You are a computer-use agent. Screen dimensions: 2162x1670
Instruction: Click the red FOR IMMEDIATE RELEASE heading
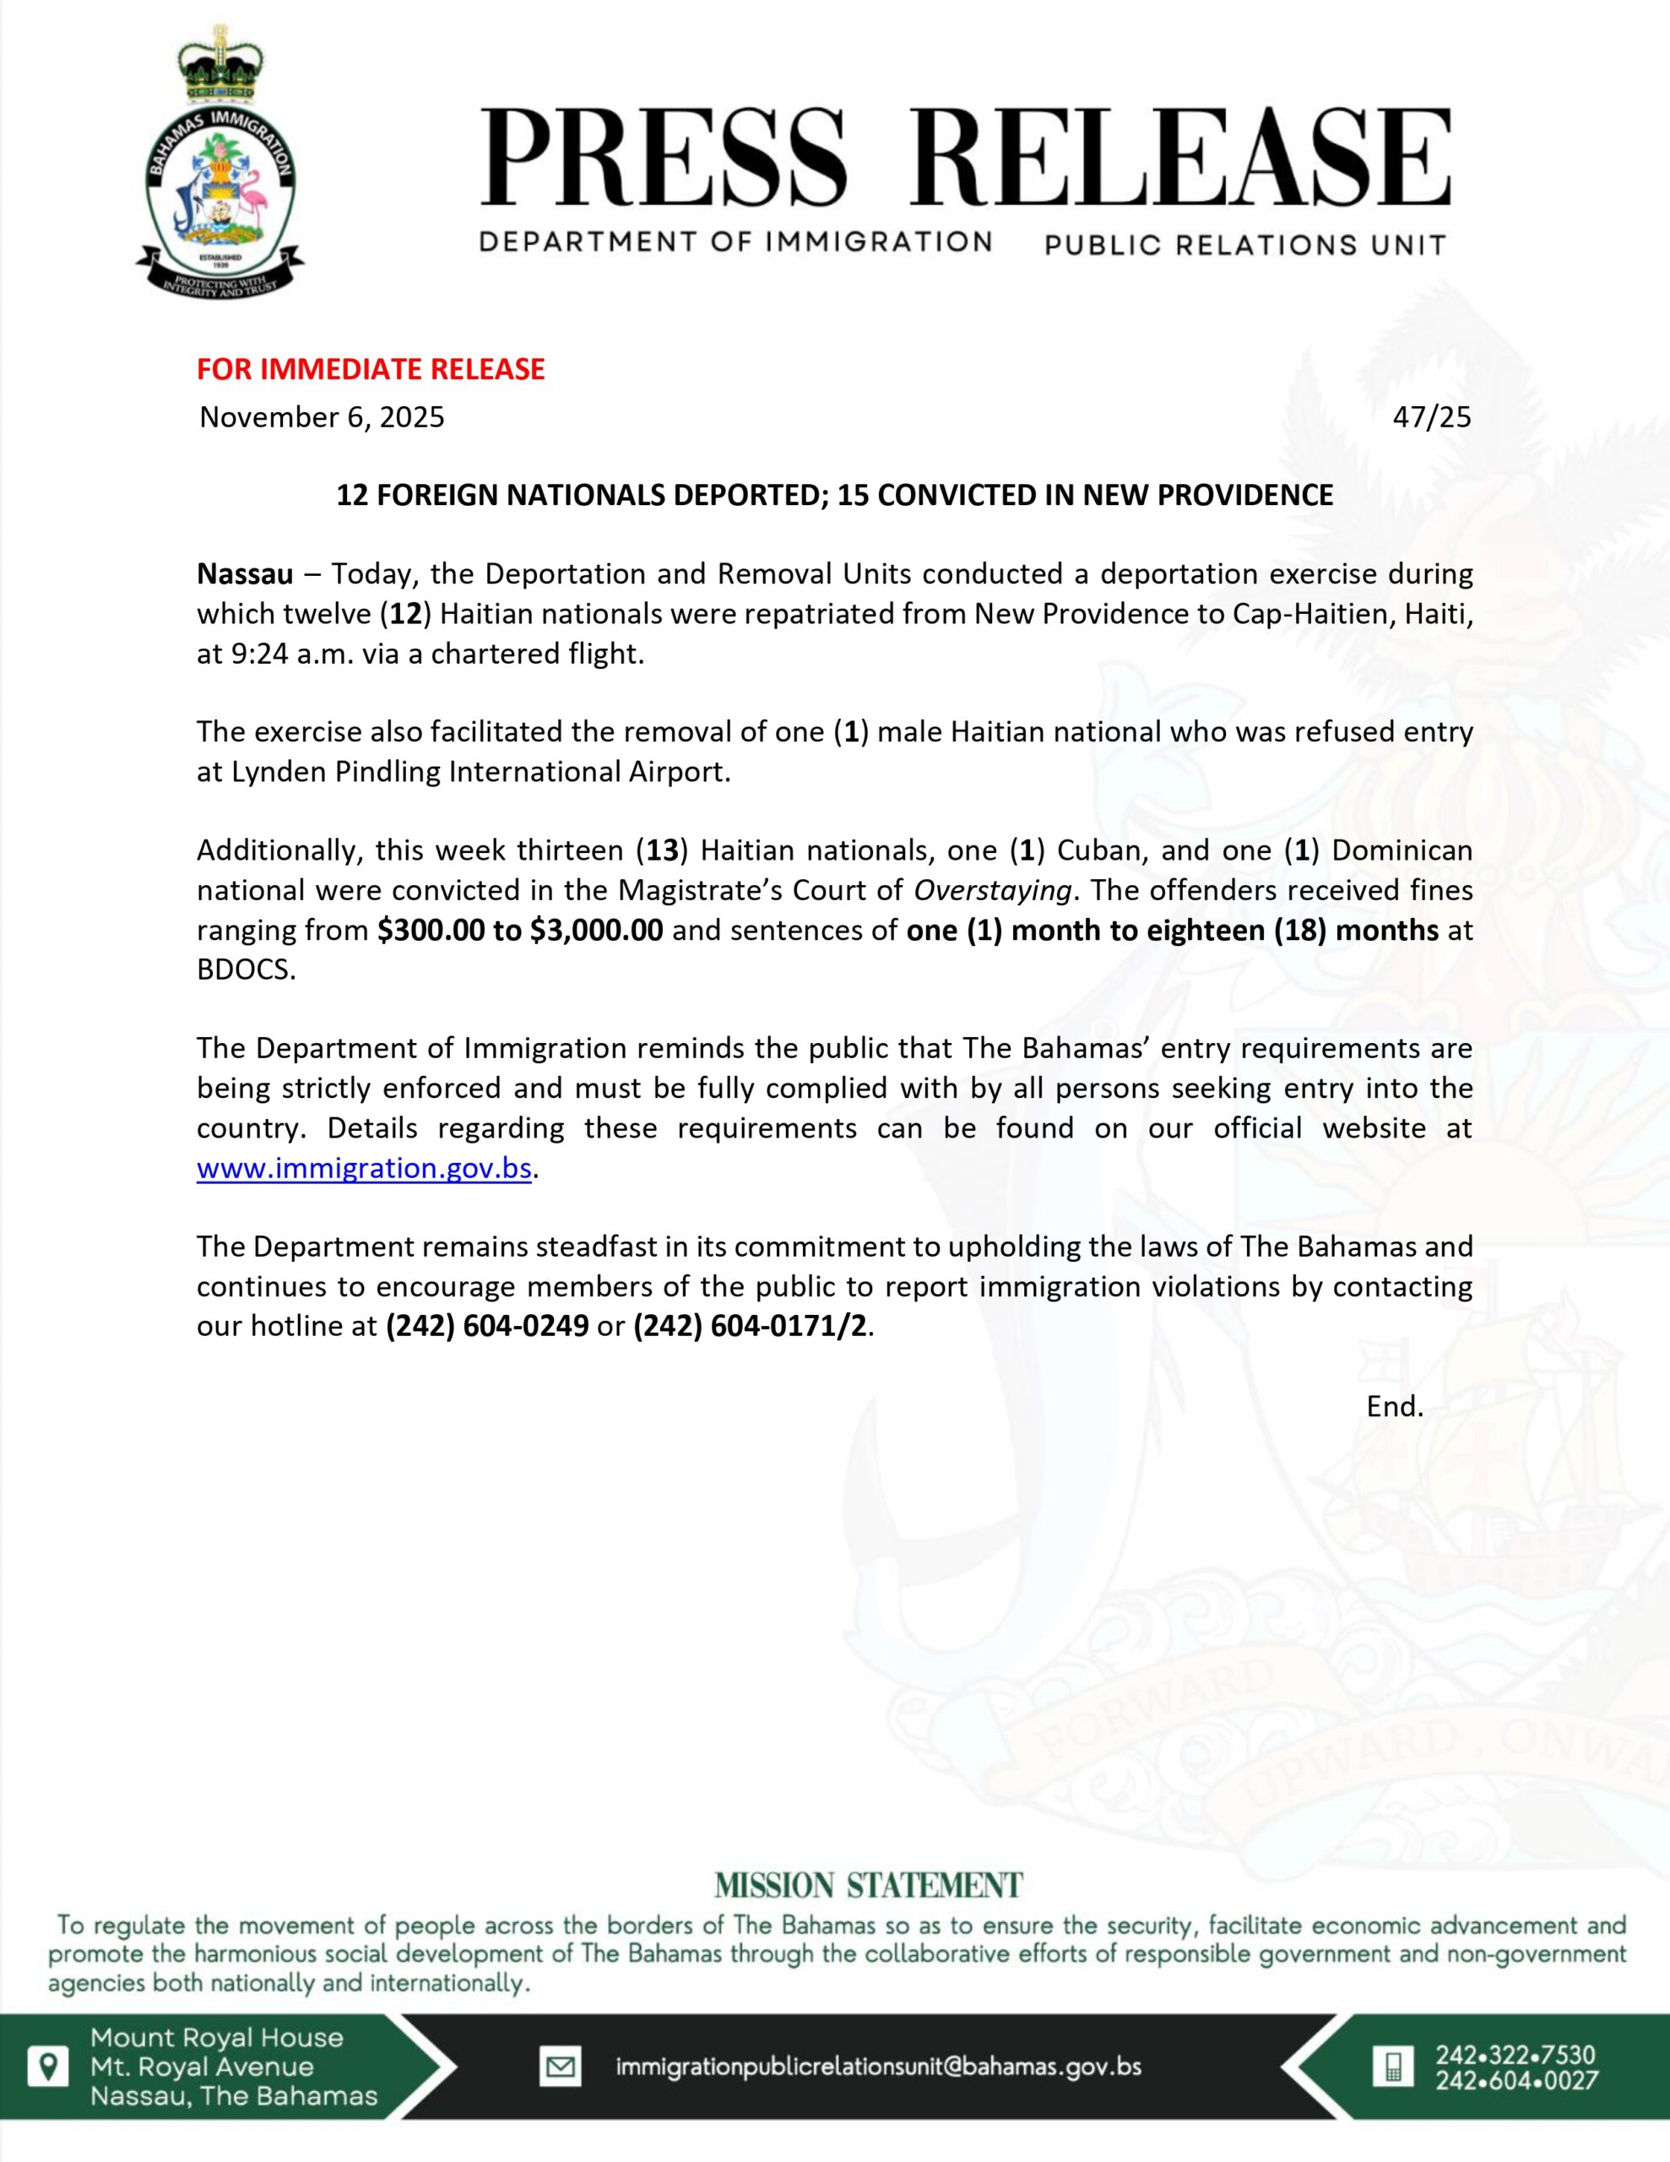point(371,369)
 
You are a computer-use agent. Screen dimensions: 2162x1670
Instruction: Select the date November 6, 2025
point(322,416)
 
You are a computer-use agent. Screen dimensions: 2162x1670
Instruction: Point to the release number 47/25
point(1431,416)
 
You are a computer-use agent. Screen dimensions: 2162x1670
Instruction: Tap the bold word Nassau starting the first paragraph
point(245,574)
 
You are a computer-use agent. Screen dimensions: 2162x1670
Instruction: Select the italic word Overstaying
point(992,891)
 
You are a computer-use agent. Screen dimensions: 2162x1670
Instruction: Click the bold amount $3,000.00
point(596,931)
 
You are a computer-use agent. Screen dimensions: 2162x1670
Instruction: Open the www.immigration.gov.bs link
point(364,1168)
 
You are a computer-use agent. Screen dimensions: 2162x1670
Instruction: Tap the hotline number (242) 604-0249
point(487,1326)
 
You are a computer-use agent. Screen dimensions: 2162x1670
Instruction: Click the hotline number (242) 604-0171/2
point(751,1326)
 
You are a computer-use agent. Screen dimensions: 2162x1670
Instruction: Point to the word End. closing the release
point(1395,1405)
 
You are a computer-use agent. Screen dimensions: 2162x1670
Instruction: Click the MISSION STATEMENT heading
point(868,1886)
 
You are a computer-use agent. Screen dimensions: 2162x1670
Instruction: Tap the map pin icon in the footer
point(47,2066)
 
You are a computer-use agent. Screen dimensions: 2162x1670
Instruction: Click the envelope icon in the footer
point(561,2067)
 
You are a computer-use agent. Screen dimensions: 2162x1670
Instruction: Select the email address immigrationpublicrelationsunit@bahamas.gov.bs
point(878,2067)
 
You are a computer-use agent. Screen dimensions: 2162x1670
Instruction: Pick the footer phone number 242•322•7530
point(1515,2055)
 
